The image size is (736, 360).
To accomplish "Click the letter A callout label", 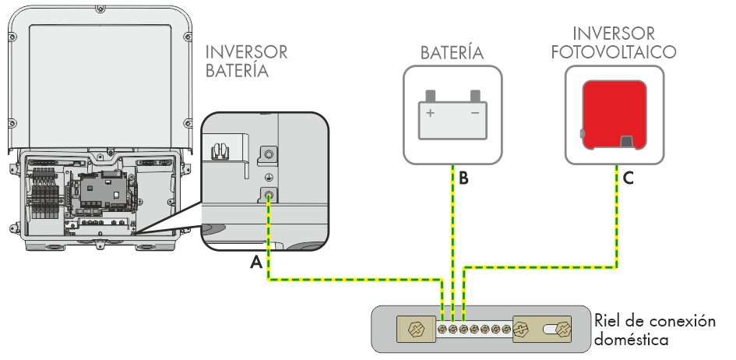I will pyautogui.click(x=255, y=264).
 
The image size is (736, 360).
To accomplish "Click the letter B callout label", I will pyautogui.click(x=463, y=179).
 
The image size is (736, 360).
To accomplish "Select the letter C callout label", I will pyautogui.click(x=628, y=179).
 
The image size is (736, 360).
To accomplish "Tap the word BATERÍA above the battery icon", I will pyautogui.click(x=453, y=53).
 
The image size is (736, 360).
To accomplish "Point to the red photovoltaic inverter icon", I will pyautogui.click(x=614, y=114).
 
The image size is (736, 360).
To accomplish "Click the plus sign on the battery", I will pyautogui.click(x=429, y=112).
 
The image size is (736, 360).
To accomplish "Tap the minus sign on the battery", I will pyautogui.click(x=474, y=112).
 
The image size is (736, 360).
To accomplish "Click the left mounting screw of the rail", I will pyautogui.click(x=414, y=329).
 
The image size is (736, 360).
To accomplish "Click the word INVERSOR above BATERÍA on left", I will pyautogui.click(x=246, y=52).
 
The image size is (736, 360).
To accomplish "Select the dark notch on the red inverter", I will pyautogui.click(x=626, y=141).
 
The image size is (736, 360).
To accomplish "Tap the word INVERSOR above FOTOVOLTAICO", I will pyautogui.click(x=613, y=34).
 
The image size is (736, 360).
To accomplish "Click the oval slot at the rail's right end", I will pyautogui.click(x=558, y=329).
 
